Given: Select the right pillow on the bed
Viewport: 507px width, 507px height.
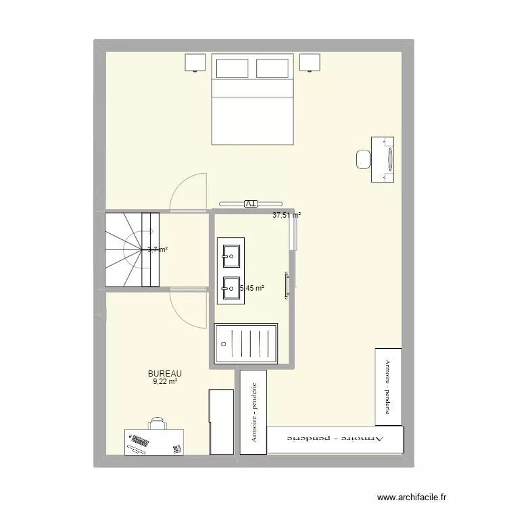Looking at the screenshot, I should [272, 68].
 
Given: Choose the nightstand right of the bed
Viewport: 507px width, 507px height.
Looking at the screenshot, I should [310, 62].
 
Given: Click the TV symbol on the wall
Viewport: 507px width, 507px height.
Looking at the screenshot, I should [250, 203].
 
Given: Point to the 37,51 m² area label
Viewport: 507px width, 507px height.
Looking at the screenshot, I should [287, 216].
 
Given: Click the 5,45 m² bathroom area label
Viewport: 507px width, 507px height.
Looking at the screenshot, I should [251, 288].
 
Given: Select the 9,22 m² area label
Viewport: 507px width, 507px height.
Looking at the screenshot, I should [165, 381].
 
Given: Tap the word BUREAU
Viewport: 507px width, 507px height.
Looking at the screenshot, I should [165, 373].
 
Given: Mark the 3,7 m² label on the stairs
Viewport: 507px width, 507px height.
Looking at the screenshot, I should [157, 249].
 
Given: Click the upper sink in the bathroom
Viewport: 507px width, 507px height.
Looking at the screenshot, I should [229, 255].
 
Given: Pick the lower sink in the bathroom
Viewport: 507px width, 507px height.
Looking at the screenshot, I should [229, 290].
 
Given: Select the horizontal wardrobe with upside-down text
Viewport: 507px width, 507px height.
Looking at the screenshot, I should [335, 439].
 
